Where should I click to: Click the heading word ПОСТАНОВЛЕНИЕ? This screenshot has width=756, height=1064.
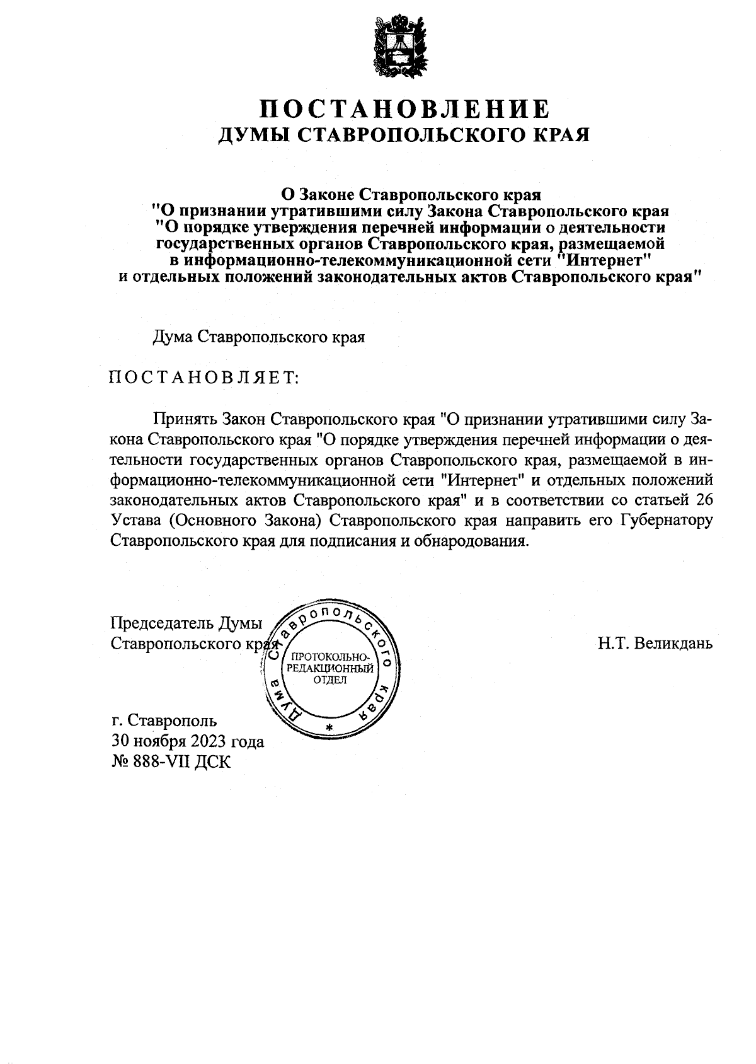406,108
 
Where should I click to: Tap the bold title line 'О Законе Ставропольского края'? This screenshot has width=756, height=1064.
411,192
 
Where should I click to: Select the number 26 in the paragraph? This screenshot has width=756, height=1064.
701,500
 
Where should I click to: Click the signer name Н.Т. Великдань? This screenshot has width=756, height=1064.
655,644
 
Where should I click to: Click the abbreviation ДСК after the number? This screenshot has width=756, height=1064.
215,762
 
